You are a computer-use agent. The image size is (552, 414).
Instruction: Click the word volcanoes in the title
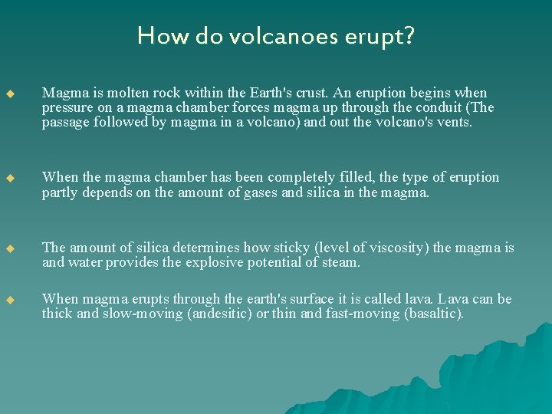pos(269,36)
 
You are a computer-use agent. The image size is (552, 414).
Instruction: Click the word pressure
pos(67,107)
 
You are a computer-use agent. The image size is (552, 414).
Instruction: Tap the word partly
pos(60,192)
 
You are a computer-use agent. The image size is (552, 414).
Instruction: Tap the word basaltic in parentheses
pos(433,314)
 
